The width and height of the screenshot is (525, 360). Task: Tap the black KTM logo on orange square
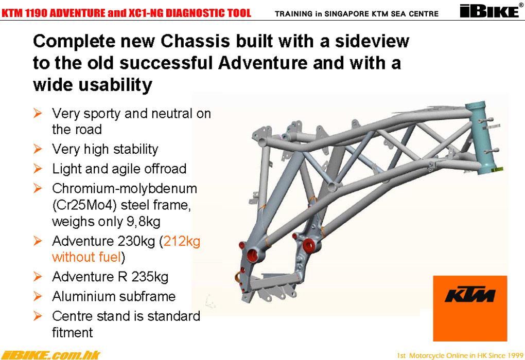470,295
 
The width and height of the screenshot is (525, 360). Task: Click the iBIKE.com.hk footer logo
50,355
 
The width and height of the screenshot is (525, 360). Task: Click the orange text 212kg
182,242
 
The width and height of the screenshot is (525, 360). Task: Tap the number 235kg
150,277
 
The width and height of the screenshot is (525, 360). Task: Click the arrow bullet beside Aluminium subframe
38,296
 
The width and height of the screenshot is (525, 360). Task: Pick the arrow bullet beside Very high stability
38,149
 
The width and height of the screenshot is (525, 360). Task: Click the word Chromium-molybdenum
125,189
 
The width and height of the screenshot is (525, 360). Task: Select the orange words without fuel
86,257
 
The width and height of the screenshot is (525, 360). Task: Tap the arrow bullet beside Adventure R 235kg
38,277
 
